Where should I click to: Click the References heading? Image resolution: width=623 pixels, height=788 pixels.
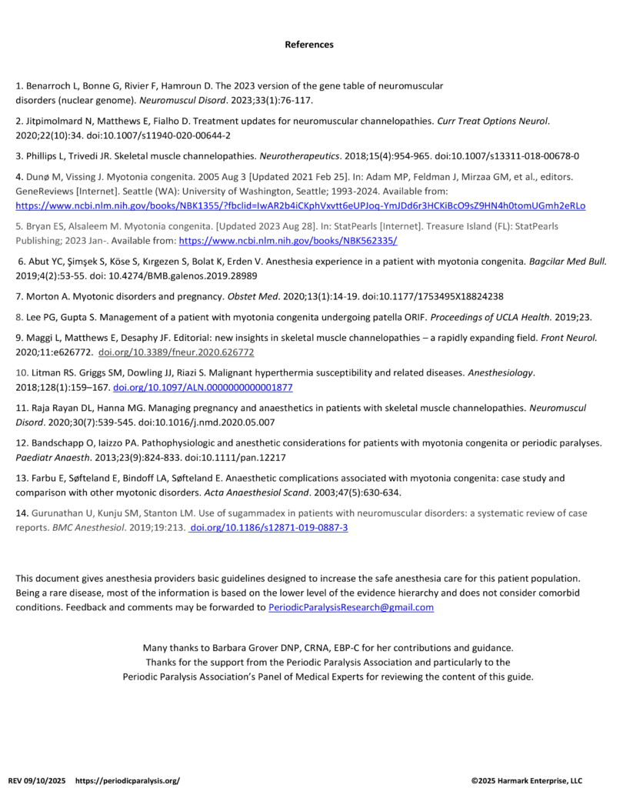309,45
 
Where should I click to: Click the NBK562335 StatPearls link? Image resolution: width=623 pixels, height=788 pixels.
288,241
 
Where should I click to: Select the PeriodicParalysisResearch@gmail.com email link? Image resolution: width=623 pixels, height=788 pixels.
351,607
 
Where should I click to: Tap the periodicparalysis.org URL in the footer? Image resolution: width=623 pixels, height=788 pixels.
128,780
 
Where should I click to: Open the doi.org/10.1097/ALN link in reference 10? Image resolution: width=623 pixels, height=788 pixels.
202,387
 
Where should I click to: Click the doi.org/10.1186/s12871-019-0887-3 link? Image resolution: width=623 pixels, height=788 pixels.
268,527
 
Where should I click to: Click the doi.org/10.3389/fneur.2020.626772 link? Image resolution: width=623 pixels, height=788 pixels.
176,352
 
